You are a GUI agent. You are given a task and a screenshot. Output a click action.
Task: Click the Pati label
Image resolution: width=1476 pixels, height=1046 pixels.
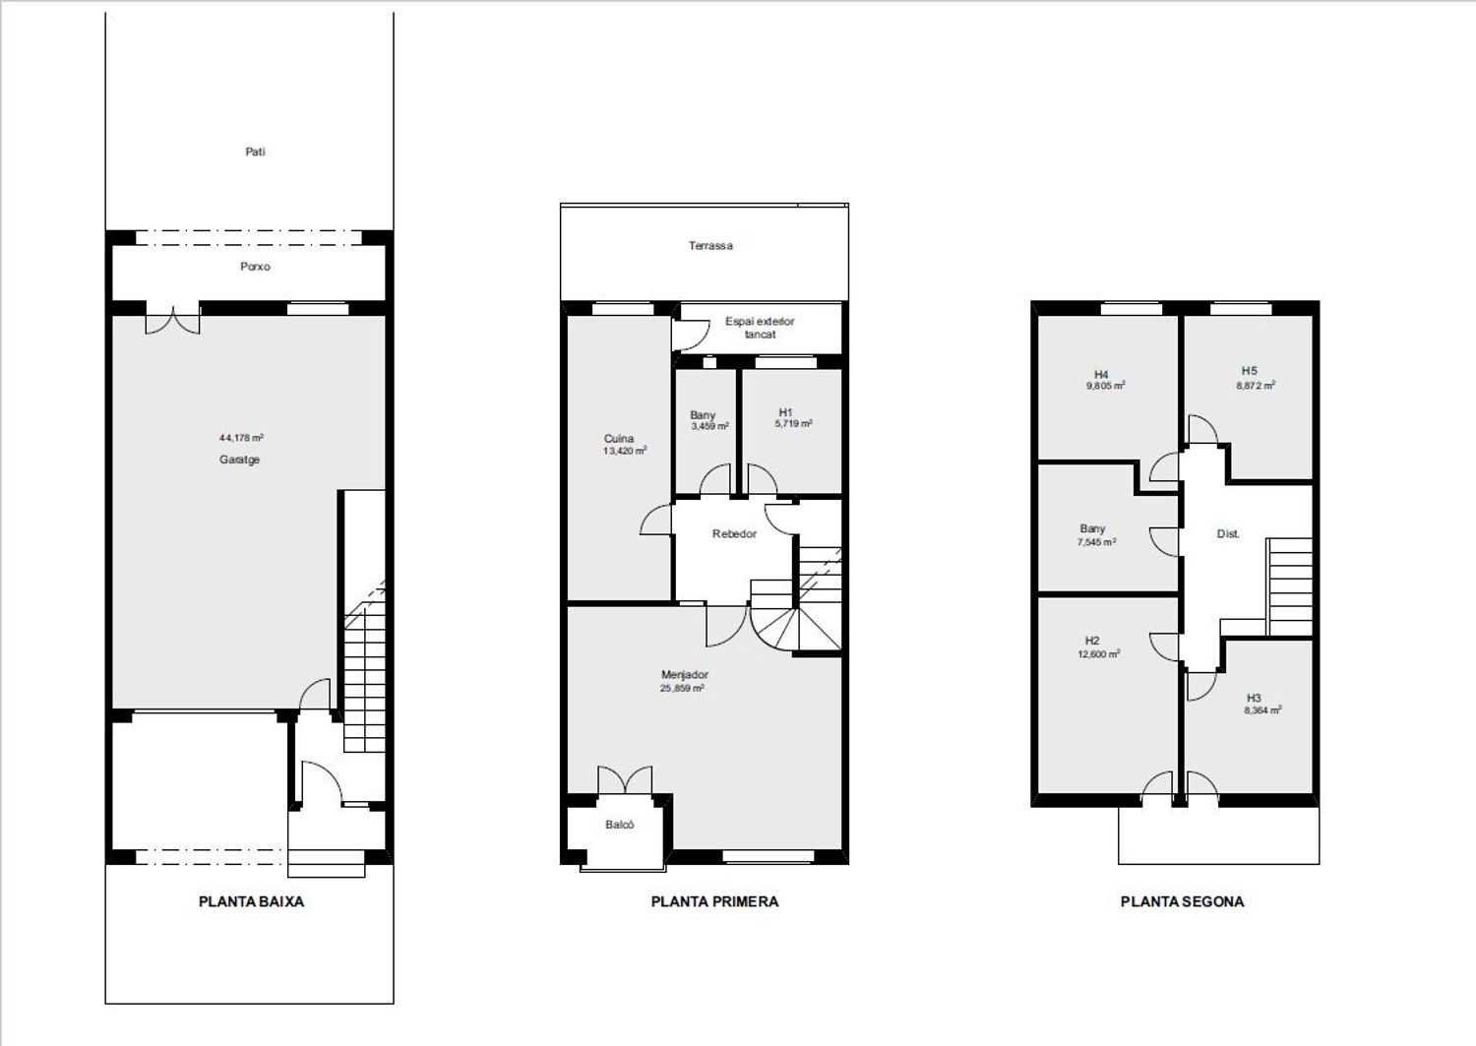(255, 152)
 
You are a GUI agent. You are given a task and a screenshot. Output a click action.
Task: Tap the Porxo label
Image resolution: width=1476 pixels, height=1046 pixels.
(255, 267)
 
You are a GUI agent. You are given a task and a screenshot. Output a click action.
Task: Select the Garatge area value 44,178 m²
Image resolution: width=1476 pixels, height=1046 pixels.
(241, 438)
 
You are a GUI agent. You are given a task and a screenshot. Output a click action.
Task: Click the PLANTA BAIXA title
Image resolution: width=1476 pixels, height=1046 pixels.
(251, 901)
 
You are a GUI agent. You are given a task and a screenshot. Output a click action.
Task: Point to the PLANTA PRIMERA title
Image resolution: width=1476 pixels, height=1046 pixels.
(714, 901)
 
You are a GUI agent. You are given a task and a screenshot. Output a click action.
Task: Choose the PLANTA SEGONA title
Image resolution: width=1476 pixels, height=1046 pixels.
(1182, 901)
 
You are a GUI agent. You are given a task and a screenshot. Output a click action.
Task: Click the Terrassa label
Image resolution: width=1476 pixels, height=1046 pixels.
(710, 246)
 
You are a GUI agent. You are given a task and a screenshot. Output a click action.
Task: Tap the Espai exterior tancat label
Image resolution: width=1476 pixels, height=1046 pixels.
(760, 328)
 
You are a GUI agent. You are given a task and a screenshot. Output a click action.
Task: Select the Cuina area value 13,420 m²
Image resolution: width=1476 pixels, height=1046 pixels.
(625, 451)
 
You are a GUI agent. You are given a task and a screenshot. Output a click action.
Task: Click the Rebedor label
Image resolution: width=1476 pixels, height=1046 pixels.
(734, 534)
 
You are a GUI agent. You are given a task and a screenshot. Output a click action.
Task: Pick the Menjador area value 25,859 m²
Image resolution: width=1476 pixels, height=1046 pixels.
(682, 688)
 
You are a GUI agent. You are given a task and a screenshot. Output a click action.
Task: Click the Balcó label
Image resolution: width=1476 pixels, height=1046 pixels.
(619, 825)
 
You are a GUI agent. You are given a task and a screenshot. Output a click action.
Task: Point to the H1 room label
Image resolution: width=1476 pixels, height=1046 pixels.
(785, 412)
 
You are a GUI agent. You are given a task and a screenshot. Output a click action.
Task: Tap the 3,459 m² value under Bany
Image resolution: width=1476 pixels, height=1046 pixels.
(709, 426)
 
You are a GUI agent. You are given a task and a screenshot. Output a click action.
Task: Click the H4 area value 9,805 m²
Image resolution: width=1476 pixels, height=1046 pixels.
(1106, 387)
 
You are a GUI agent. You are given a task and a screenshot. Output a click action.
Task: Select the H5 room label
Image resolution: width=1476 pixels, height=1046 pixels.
(1250, 371)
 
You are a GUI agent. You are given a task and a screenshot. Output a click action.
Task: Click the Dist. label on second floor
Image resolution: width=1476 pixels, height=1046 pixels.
(1228, 534)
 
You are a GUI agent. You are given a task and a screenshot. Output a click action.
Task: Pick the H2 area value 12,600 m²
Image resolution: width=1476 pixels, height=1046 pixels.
(1098, 654)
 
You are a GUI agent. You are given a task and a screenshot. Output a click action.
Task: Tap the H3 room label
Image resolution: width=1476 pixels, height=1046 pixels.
(1254, 698)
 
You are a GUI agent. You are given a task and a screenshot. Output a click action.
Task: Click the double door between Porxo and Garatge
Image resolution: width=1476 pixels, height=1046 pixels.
(172, 319)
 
